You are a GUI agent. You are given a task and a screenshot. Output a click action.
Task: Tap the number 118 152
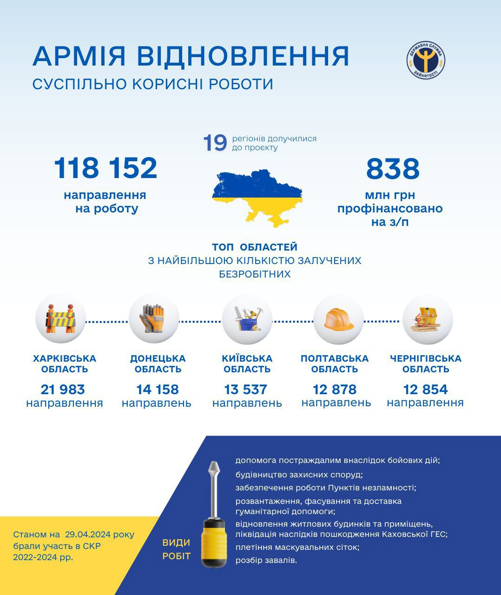[x=105, y=168]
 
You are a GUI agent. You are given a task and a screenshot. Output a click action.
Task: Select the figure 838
[x=393, y=169]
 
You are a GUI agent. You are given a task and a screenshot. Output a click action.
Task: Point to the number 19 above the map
[x=215, y=143]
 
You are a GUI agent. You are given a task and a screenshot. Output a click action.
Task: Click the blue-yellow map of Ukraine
[x=257, y=197]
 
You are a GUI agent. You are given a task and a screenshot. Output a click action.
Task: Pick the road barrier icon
[x=60, y=319]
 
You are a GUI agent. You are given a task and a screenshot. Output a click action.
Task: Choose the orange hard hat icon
[x=338, y=319]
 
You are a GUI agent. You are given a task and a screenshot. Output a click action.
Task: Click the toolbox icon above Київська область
[x=247, y=319]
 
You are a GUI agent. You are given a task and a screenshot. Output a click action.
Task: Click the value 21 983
[x=63, y=390]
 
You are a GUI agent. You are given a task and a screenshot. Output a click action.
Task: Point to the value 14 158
[x=157, y=390]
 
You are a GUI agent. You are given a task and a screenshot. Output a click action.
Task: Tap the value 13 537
[x=246, y=390]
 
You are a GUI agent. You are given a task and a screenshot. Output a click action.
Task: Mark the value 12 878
[x=335, y=390]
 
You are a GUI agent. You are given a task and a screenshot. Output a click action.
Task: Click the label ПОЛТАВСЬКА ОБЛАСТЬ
[x=335, y=364]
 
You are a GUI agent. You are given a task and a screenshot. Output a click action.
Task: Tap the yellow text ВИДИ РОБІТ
[x=177, y=549]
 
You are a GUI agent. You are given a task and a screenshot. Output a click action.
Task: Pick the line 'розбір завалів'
[x=266, y=560]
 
